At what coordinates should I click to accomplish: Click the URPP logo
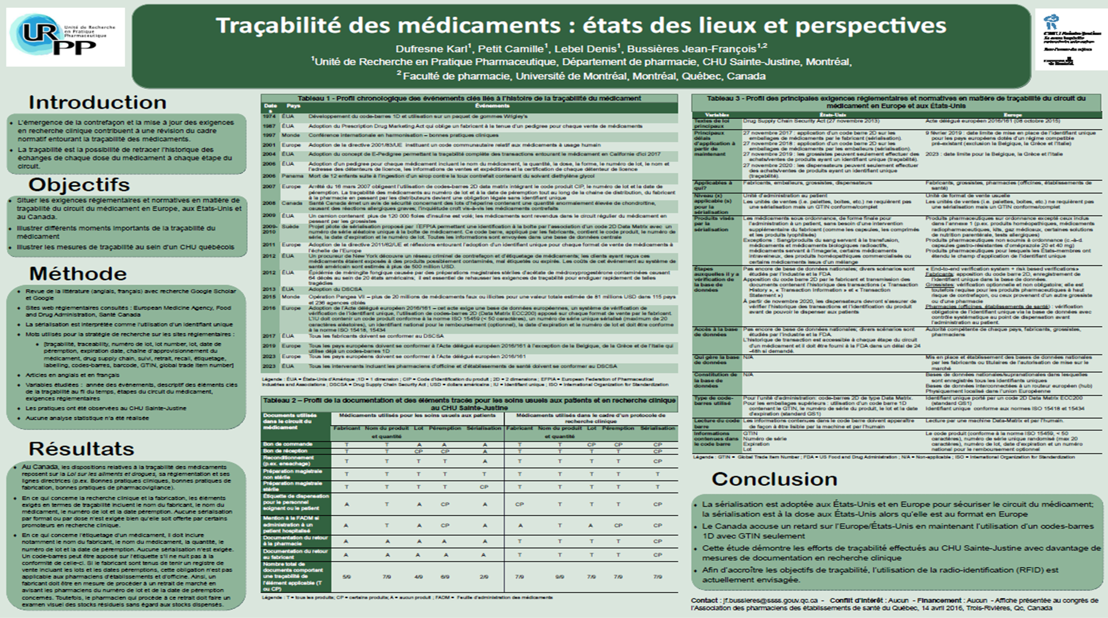65,37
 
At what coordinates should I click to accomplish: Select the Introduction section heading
98,102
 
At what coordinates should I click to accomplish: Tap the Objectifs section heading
79,184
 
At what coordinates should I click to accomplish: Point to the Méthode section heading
78,273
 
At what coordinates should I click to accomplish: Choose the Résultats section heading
81,448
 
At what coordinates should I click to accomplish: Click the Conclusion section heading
774,479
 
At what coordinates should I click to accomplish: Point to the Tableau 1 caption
469,98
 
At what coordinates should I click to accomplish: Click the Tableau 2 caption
469,404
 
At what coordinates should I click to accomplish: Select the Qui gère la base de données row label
716,360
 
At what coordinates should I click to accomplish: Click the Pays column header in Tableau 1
293,106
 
